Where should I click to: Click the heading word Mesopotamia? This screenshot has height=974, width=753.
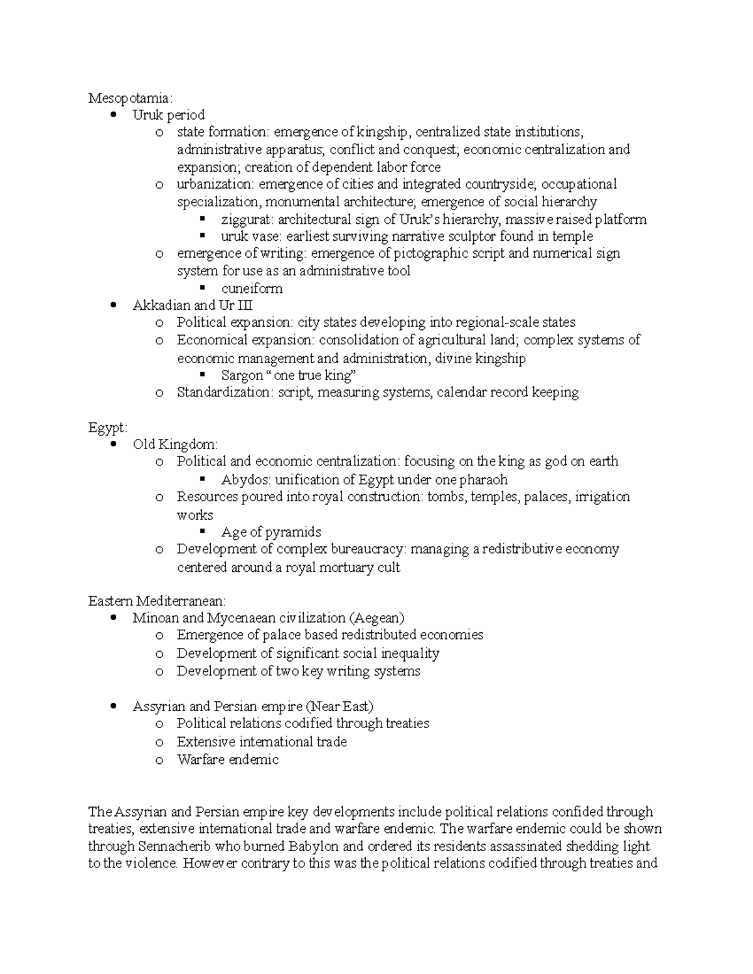(x=128, y=98)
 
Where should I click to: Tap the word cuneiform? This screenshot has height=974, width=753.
(x=252, y=288)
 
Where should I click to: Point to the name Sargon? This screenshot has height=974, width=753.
(x=242, y=376)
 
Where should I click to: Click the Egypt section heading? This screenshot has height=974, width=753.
(x=107, y=428)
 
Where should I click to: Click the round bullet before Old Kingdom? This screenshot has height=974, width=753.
(x=114, y=445)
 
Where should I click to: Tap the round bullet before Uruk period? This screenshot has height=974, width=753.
(x=114, y=115)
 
